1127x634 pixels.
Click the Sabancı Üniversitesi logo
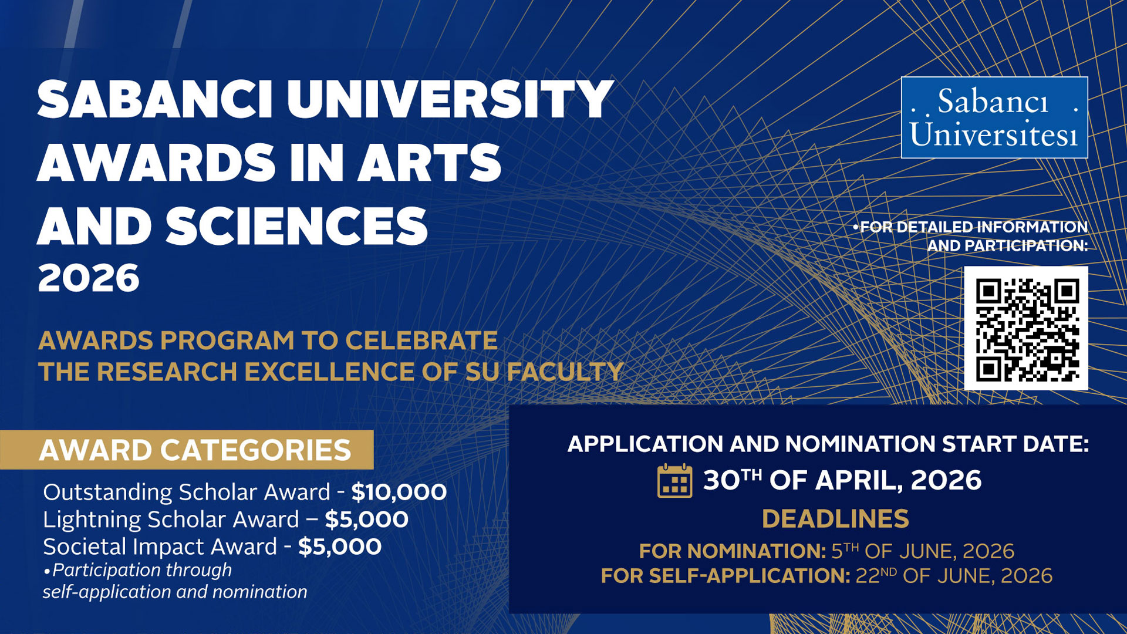pos(994,117)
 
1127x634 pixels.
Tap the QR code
pos(1026,328)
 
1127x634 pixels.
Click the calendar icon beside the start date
pos(674,481)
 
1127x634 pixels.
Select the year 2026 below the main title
pos(89,278)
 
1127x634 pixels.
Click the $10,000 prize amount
pos(399,492)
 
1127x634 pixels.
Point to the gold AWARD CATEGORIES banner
pos(187,450)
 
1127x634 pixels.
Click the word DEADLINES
pos(835,519)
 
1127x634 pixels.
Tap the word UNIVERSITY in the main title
pos(450,100)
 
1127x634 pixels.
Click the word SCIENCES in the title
pos(296,226)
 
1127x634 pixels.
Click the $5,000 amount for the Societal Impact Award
pos(340,547)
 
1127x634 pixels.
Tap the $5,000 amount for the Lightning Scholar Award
pos(367,520)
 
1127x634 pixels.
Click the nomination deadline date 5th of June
pos(923,551)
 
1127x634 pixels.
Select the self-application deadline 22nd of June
pos(954,576)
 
